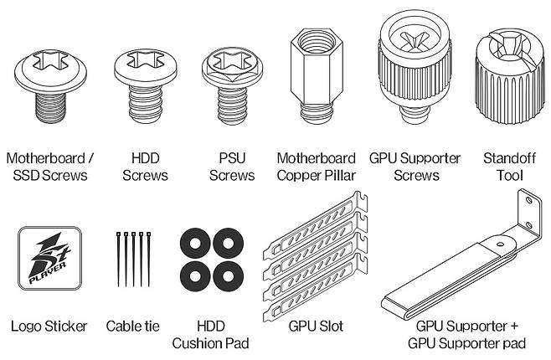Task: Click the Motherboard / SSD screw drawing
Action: [x=50, y=86]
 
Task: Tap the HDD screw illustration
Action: [x=145, y=86]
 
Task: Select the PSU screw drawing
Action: [x=232, y=86]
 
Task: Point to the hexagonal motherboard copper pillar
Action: [x=317, y=76]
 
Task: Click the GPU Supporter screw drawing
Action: [x=415, y=67]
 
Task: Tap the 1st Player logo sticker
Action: [x=50, y=259]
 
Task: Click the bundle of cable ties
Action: [x=133, y=260]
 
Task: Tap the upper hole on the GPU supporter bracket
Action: [x=529, y=201]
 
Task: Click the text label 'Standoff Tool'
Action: [x=509, y=167]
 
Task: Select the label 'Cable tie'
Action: [x=133, y=327]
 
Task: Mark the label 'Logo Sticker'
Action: [x=49, y=327]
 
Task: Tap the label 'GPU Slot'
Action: [x=316, y=327]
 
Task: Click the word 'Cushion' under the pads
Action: [x=198, y=343]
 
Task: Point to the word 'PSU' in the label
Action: [x=232, y=158]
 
